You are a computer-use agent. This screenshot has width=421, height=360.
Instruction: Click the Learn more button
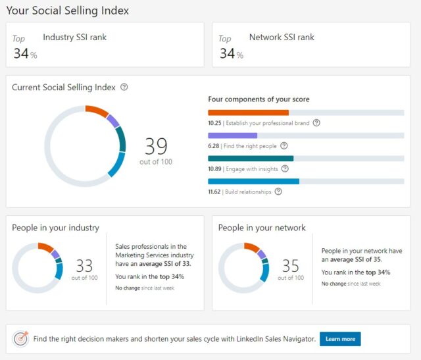[340, 339]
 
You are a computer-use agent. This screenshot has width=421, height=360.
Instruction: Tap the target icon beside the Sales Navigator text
[21, 339]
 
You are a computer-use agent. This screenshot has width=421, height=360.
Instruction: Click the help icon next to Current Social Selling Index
[124, 87]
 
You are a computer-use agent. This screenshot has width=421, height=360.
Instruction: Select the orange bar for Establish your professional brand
[248, 113]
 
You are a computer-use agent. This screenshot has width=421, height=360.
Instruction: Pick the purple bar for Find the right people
[232, 136]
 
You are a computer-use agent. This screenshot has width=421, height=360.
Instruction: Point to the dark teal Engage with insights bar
[251, 159]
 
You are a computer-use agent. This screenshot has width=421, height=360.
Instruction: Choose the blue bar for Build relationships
[253, 182]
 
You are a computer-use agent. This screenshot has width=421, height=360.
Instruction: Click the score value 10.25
[214, 123]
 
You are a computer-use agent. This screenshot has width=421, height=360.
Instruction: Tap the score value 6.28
[212, 146]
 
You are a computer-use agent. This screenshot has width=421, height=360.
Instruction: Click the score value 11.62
[214, 192]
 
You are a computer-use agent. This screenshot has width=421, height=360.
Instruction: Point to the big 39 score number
[156, 145]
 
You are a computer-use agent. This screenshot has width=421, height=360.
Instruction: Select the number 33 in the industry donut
[84, 265]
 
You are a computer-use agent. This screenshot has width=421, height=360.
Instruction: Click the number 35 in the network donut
[290, 265]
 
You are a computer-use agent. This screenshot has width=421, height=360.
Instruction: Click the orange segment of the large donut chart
[97, 111]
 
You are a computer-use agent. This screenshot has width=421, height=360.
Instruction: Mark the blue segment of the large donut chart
[116, 165]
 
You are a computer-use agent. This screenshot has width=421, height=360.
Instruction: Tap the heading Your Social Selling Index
[67, 11]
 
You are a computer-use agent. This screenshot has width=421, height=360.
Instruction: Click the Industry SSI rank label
[74, 38]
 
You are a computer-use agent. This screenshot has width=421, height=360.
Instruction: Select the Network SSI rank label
[282, 38]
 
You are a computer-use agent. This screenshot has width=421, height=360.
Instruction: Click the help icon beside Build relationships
[278, 192]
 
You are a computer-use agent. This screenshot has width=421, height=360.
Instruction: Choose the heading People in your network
[262, 228]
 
